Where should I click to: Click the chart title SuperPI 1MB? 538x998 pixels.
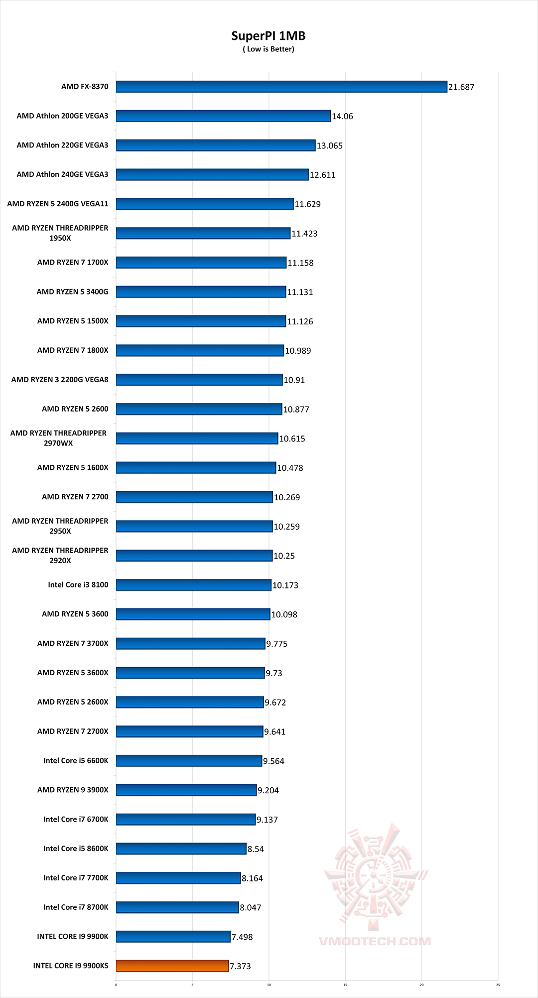click(269, 36)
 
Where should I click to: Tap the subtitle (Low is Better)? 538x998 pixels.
click(269, 49)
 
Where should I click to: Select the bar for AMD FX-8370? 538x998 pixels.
click(281, 87)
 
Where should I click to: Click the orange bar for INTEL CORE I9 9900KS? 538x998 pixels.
click(172, 966)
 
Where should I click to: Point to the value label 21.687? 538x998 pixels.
click(461, 87)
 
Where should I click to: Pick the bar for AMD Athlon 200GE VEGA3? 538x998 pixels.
click(223, 116)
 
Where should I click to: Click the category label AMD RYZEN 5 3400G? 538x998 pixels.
click(72, 291)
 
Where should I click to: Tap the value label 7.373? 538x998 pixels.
click(240, 966)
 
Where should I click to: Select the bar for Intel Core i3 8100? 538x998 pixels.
click(193, 585)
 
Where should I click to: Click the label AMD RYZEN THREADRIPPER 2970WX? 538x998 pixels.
click(58, 438)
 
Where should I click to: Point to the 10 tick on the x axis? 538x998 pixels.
click(269, 985)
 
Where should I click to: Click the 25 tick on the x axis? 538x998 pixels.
click(498, 985)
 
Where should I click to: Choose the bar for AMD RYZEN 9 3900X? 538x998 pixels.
click(186, 790)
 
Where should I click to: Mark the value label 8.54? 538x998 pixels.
click(256, 849)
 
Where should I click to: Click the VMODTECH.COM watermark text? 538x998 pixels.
click(375, 941)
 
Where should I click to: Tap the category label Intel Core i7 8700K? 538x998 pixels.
click(76, 907)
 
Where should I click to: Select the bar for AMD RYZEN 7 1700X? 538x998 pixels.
click(201, 263)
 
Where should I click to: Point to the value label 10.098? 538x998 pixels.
click(284, 614)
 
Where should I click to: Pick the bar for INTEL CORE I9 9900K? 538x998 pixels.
click(173, 936)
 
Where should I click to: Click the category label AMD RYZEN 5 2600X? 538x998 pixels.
click(73, 702)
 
